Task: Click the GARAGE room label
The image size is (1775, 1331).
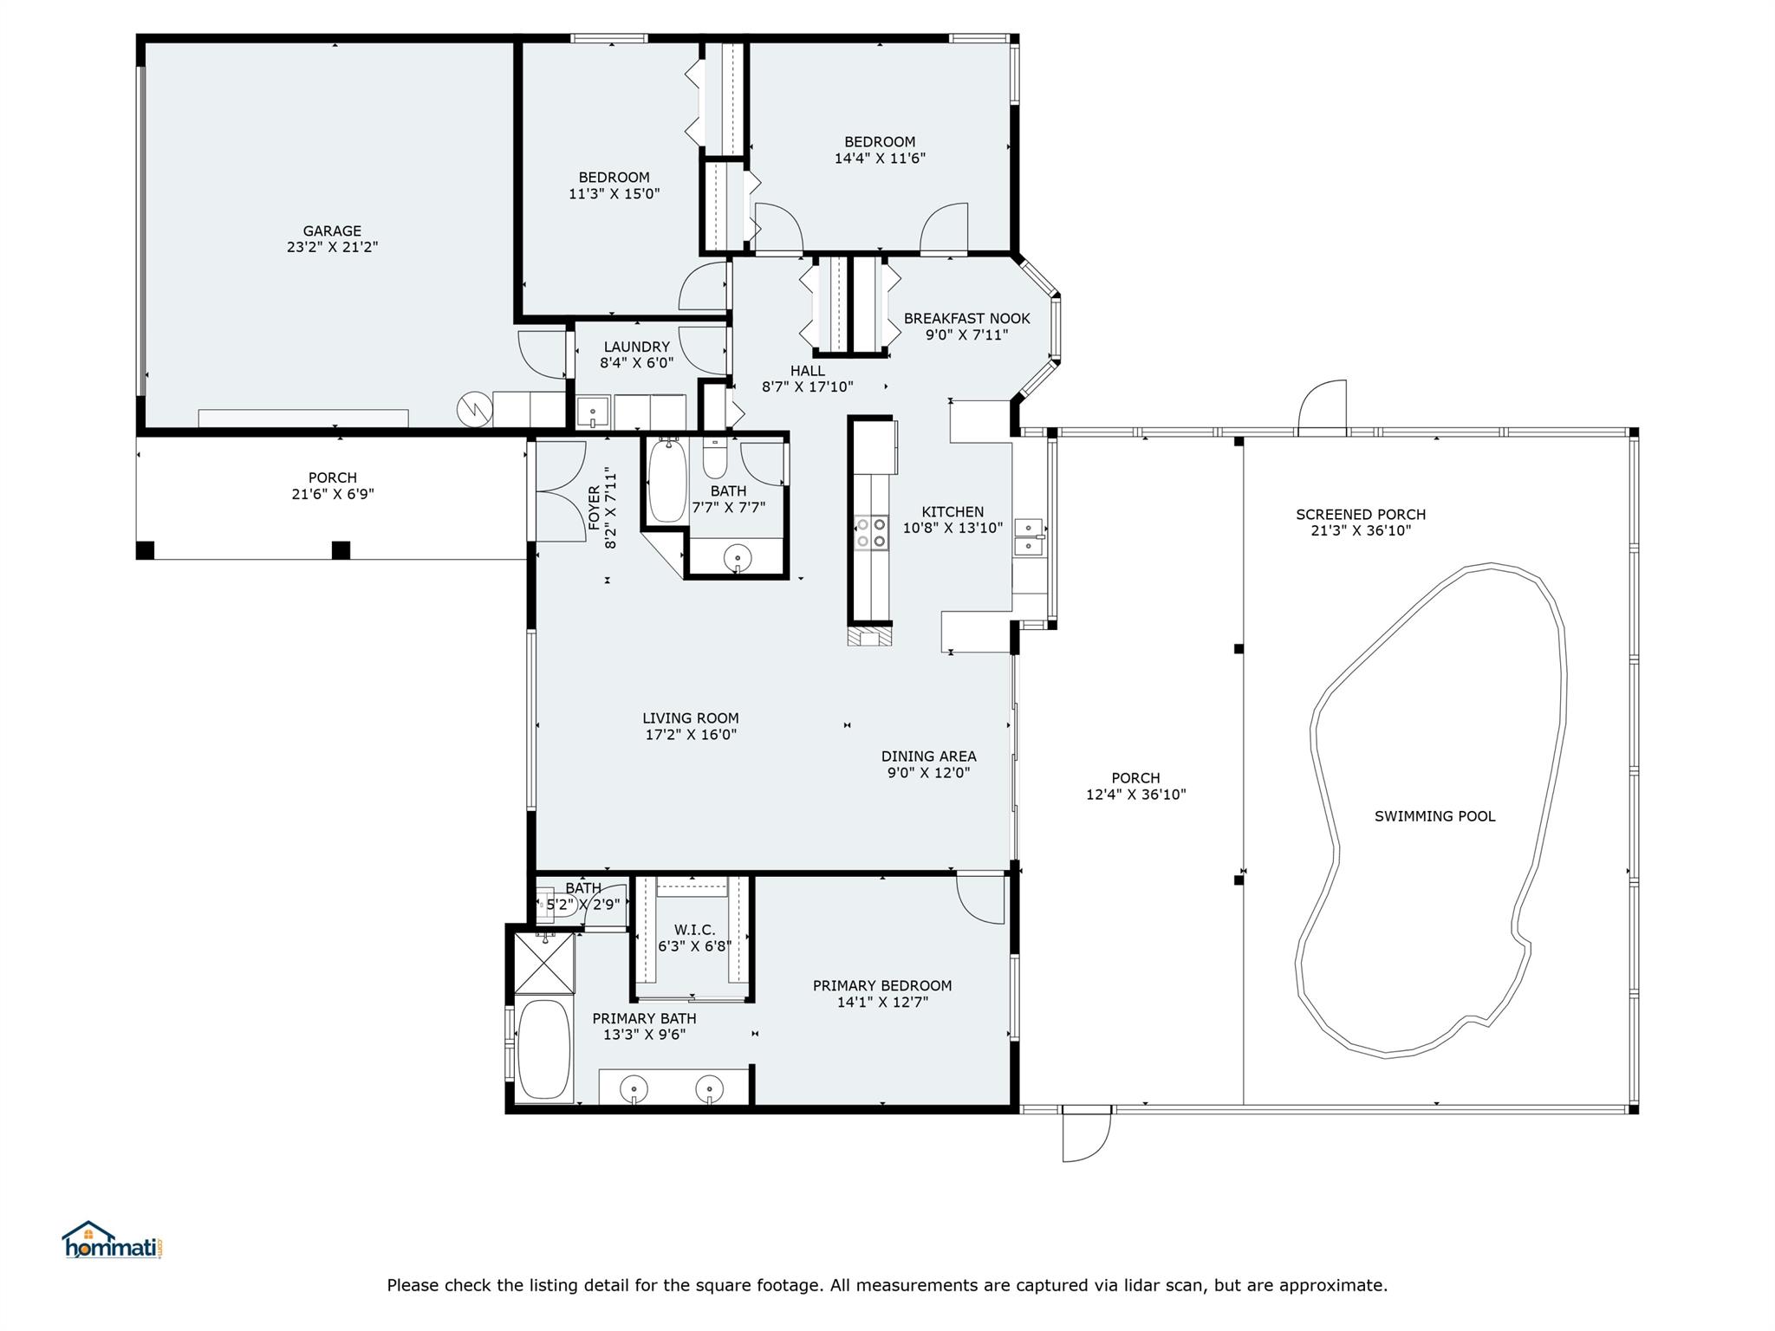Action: pos(332,230)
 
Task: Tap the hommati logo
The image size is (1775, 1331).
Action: pos(113,1241)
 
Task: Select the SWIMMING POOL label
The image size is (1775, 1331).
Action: pos(1434,816)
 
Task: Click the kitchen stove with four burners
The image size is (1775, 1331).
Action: pos(871,533)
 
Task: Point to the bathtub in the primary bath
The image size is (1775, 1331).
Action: pos(543,1049)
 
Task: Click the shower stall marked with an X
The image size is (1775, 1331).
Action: pos(544,962)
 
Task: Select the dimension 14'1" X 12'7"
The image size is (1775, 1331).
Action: pos(882,1003)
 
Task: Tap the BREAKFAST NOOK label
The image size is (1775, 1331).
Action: pos(966,319)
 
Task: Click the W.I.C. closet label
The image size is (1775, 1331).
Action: pos(694,930)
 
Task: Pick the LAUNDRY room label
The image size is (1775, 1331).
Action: pos(636,347)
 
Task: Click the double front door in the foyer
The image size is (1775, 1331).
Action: pos(559,491)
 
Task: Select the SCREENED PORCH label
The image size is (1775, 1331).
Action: pos(1360,515)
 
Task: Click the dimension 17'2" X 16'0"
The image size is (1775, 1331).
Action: pos(691,735)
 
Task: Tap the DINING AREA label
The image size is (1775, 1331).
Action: pos(928,756)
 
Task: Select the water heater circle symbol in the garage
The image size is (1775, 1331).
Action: pos(474,408)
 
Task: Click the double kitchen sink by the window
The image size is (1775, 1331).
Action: pos(1029,536)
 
